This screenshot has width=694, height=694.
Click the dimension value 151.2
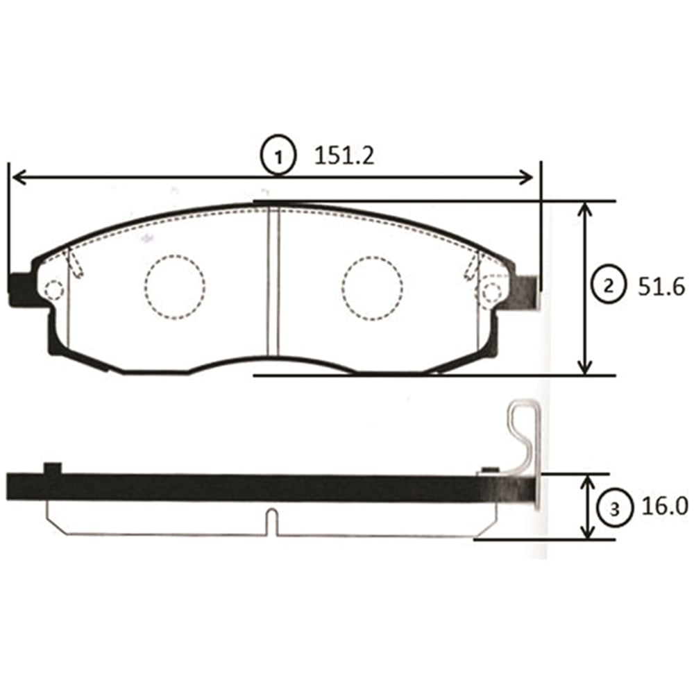(x=344, y=156)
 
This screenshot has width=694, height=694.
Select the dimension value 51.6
(x=661, y=287)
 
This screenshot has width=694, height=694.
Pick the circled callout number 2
(x=609, y=287)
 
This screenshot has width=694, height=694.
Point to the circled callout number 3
(x=614, y=509)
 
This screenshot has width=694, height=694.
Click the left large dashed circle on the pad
(x=175, y=287)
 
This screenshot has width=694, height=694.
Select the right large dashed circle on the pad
(x=372, y=289)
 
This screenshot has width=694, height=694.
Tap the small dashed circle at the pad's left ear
(x=54, y=290)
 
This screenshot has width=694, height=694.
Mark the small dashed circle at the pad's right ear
(x=492, y=292)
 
